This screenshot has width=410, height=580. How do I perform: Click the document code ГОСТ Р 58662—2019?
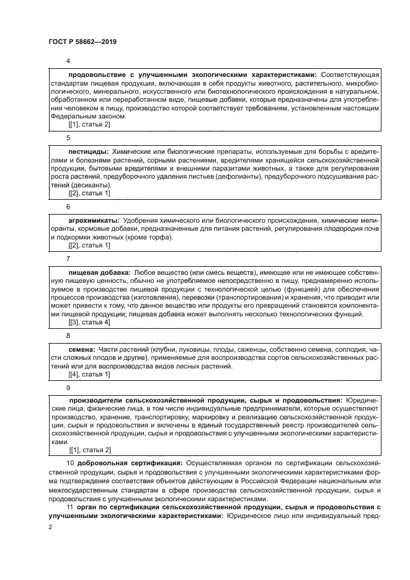(82, 42)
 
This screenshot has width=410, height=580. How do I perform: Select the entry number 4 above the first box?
(68, 61)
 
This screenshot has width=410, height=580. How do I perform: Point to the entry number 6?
(68, 206)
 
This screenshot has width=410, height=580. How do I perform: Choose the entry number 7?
(68, 257)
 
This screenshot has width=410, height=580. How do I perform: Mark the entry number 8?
(68, 335)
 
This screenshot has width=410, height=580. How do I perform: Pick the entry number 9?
(68, 386)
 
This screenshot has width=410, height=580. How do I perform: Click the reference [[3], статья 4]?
(89, 323)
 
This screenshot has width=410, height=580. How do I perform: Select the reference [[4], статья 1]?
(89, 374)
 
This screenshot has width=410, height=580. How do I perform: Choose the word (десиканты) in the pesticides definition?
(91, 185)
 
